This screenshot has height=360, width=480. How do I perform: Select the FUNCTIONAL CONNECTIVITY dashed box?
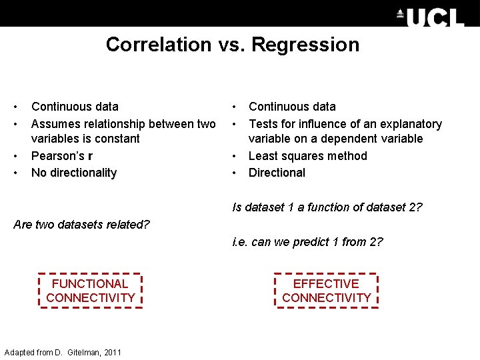91,291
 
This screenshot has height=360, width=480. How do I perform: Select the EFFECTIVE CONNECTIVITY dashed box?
326,291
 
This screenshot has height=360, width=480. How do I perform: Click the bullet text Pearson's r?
62,156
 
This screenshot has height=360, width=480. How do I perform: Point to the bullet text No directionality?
74,173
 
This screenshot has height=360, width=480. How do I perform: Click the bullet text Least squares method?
307,156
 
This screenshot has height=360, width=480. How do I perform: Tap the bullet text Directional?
277,173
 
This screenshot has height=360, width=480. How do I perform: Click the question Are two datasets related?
81,224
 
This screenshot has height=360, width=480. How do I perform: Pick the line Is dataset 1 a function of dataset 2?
327,207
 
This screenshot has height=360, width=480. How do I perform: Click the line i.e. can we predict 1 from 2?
307,242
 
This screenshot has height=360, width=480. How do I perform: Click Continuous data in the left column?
75,107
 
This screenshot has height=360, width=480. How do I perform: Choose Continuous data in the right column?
292,107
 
